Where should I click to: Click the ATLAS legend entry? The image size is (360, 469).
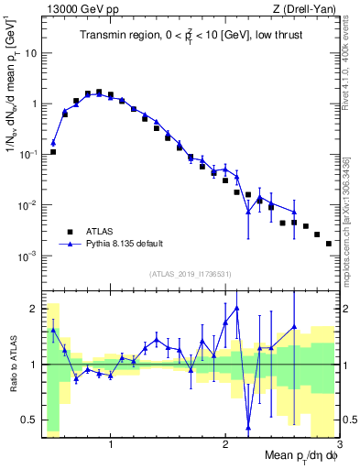pos(100,232)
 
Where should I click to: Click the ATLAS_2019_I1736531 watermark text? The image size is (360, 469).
pos(190,274)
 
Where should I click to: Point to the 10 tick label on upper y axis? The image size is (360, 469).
pos(29,53)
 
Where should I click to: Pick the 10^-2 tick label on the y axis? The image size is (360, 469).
pos(27,205)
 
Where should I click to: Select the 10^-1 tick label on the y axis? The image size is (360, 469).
pos(27,155)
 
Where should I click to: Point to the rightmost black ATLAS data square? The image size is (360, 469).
pos(328,244)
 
